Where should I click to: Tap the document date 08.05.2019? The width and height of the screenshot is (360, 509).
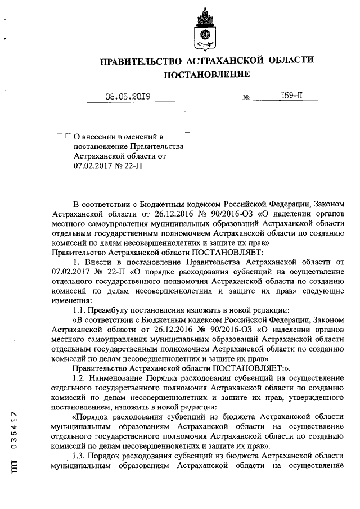click(x=127, y=96)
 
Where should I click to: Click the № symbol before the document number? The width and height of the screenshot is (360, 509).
click(x=246, y=98)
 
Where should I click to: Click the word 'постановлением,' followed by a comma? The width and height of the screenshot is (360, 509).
click(x=79, y=407)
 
